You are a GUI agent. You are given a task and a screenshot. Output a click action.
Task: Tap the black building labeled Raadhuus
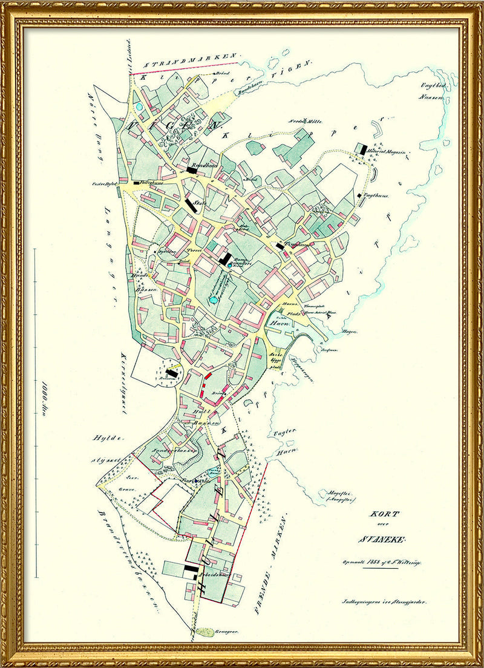coord(192,171)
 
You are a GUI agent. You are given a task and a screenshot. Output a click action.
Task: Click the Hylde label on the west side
coord(103,437)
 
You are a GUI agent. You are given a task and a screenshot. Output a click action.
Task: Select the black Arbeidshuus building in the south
coord(191,571)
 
